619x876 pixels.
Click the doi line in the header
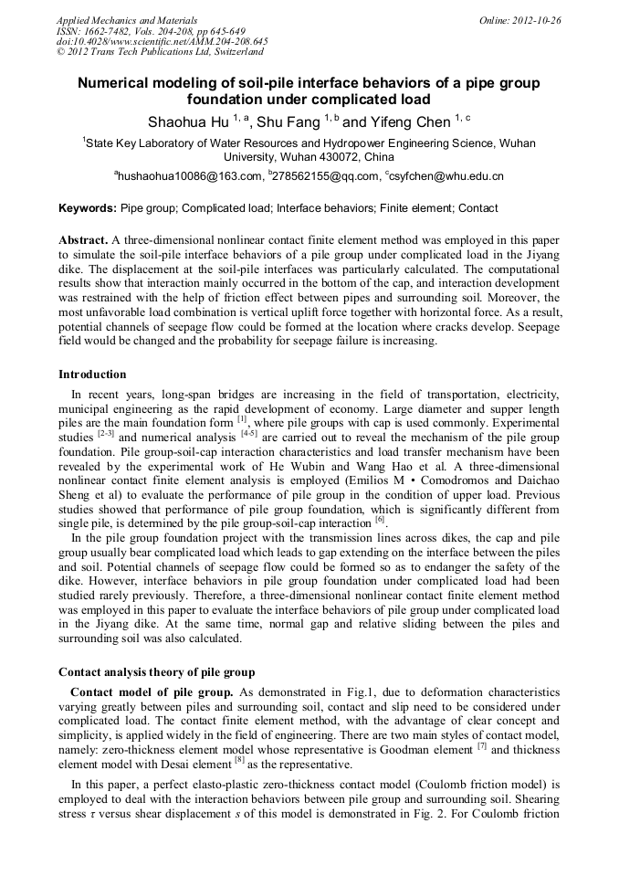coord(162,42)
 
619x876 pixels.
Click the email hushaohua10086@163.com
coord(187,175)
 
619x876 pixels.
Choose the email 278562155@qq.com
coord(325,175)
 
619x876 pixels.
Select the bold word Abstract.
coord(83,239)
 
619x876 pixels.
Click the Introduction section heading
coord(92,375)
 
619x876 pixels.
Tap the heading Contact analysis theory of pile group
coord(156,672)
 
